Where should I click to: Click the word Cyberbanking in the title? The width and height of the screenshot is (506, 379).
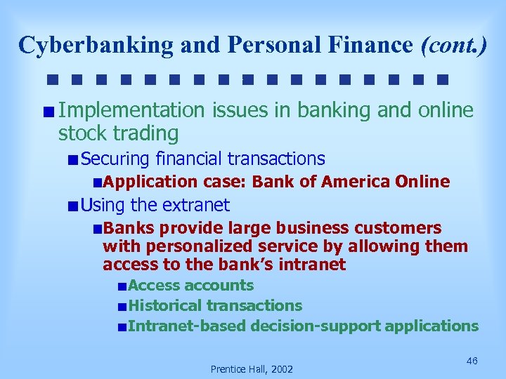[x=96, y=44]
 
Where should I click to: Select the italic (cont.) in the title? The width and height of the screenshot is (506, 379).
[x=453, y=44]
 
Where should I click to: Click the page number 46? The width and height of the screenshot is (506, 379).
[x=472, y=360]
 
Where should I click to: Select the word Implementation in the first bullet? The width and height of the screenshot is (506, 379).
[x=131, y=110]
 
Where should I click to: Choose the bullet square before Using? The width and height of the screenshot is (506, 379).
[x=73, y=206]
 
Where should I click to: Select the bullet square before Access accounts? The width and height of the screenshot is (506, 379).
[x=122, y=286]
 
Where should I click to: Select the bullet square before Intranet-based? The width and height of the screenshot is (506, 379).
[x=122, y=327]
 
